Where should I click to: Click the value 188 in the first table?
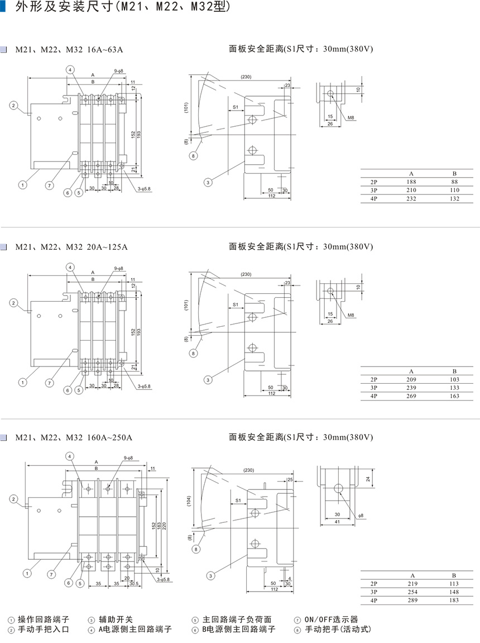[x=411, y=182]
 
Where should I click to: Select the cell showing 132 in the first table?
[x=454, y=199]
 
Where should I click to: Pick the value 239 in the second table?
[x=411, y=388]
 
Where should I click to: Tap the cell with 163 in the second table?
[x=454, y=396]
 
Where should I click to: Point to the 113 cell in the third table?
[x=454, y=584]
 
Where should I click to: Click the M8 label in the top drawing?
[x=351, y=118]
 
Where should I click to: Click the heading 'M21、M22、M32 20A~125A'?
[x=71, y=246]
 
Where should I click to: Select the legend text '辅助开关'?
[x=116, y=619]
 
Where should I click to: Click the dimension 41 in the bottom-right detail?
[x=337, y=521]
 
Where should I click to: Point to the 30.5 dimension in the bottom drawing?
[x=133, y=583]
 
